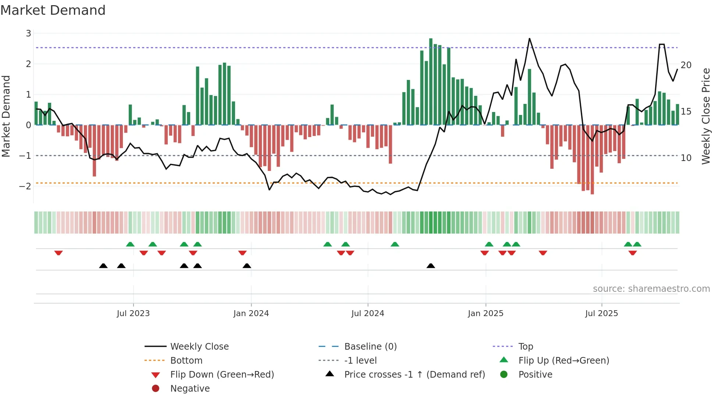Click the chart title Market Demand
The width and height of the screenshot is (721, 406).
point(53,10)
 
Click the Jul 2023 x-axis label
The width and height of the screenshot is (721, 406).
point(133,314)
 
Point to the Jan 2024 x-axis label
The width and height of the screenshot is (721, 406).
point(251,314)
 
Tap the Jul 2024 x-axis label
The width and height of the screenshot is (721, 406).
point(367,314)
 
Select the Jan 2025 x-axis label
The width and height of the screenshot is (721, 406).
point(486,314)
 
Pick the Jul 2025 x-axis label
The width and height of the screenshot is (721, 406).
point(601,314)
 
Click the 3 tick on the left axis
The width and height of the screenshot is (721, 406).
point(28,34)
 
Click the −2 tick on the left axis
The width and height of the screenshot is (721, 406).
point(25,186)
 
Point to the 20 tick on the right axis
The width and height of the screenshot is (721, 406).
point(686,65)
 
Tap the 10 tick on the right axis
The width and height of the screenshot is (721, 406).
point(686,158)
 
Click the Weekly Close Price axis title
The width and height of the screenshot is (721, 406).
point(706,116)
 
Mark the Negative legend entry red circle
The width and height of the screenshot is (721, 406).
point(156,389)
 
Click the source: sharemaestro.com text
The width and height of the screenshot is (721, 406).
point(651,289)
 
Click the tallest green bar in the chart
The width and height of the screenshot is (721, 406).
point(431,81)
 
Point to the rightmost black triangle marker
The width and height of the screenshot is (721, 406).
point(431,266)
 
